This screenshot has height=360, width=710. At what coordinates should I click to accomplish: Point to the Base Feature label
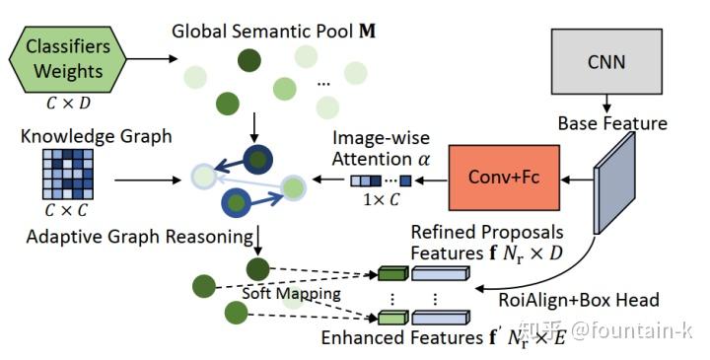611,124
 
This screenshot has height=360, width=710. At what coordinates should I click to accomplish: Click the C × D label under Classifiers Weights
66,100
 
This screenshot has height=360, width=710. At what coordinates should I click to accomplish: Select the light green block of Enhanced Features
392,318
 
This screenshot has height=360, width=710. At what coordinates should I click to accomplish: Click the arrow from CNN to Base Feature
607,101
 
